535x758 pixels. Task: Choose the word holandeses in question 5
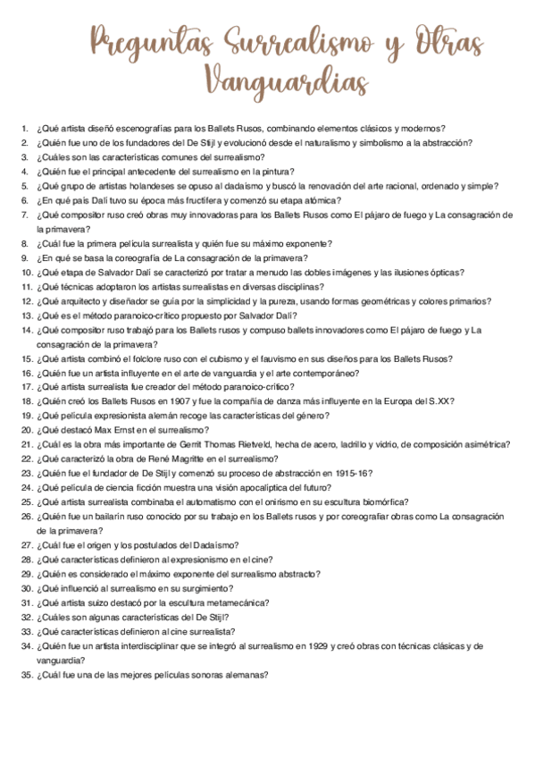coord(132,186)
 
